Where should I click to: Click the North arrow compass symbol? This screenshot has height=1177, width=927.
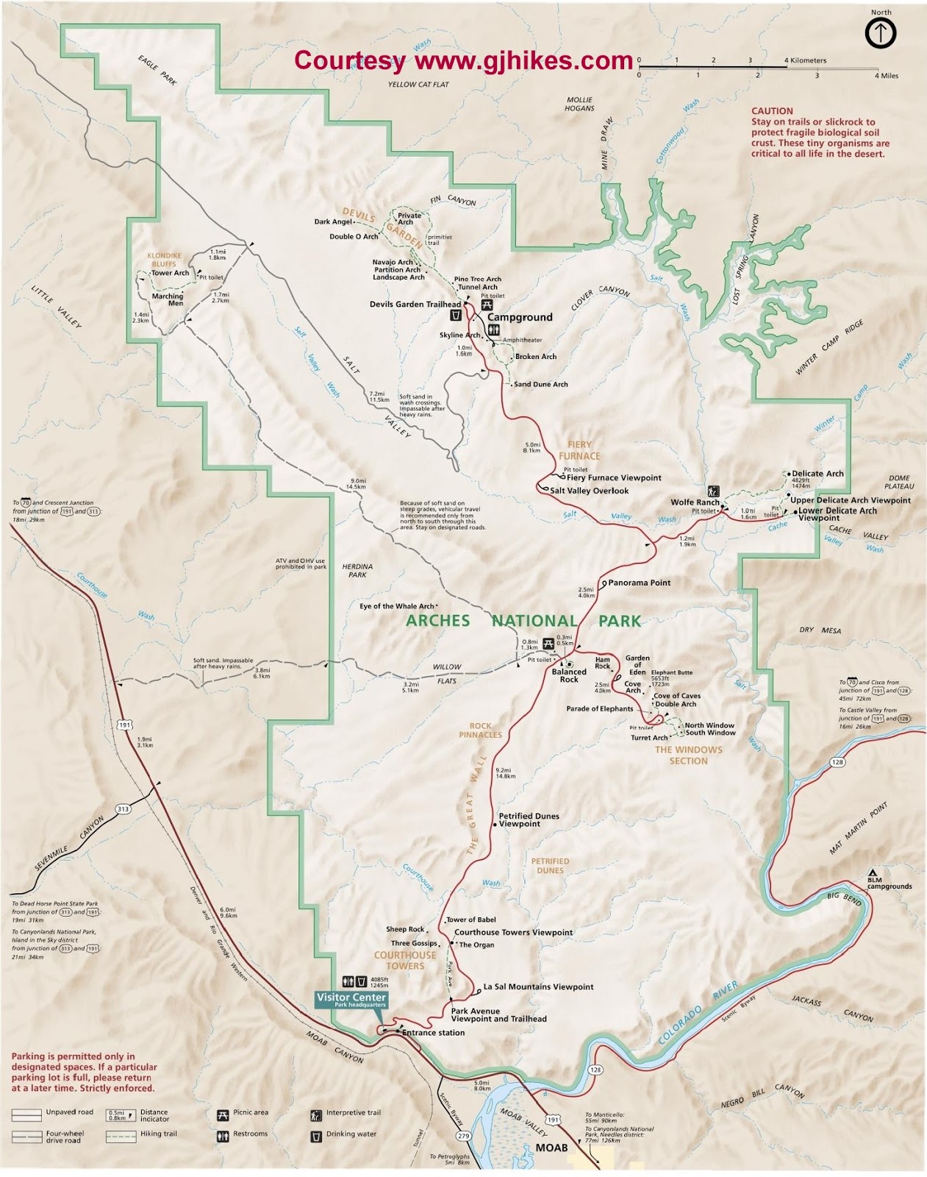tap(880, 34)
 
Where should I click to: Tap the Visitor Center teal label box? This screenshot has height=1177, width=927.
tap(351, 1000)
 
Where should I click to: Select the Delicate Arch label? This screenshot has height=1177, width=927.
tap(817, 474)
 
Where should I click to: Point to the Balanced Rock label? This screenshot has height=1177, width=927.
tap(569, 675)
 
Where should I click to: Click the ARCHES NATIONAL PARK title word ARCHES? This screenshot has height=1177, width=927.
tap(437, 620)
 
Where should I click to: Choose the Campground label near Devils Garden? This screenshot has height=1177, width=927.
tap(520, 317)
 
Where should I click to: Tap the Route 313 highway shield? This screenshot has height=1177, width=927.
tap(123, 808)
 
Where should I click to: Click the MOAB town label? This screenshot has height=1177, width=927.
tap(551, 1148)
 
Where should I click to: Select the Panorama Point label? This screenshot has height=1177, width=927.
tap(640, 583)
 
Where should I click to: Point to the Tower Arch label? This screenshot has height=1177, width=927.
tap(170, 273)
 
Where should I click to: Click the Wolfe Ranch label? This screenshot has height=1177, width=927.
tap(695, 502)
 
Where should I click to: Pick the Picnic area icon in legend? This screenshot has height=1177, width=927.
tap(223, 1115)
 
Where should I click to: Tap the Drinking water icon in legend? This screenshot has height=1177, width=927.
tap(316, 1137)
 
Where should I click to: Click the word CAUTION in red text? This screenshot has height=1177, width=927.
tap(772, 111)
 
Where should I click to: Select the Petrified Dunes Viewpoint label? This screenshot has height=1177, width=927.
tap(529, 819)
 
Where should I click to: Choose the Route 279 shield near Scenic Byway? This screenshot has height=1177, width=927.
tap(462, 1136)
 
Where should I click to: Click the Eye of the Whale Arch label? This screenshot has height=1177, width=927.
tap(396, 606)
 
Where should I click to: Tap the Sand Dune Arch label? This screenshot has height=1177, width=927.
tap(540, 384)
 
